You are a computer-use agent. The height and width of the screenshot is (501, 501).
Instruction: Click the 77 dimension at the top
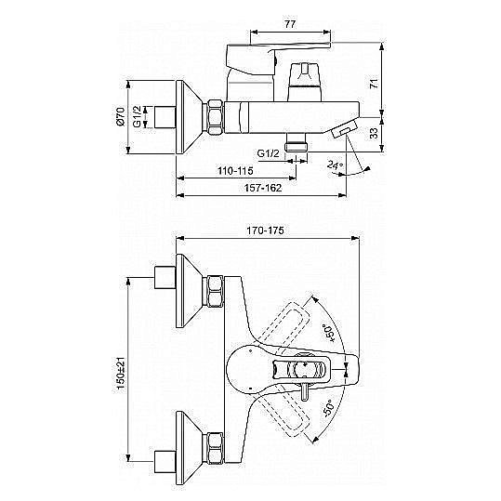(290, 24)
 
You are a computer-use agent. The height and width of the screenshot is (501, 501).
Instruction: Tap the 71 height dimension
(374, 84)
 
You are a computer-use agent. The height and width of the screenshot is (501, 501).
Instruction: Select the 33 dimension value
(374, 133)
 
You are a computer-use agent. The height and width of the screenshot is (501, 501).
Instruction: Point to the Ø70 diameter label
(121, 116)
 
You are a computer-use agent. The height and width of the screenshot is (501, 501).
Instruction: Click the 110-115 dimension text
(235, 171)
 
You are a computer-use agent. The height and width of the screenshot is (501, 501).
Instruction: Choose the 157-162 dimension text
(263, 188)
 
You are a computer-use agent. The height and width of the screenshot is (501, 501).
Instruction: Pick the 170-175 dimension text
(265, 231)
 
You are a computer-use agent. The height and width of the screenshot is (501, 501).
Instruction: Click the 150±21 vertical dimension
(121, 373)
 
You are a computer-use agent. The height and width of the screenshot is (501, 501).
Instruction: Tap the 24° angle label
(335, 165)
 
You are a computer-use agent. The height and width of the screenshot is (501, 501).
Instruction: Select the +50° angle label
(329, 334)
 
